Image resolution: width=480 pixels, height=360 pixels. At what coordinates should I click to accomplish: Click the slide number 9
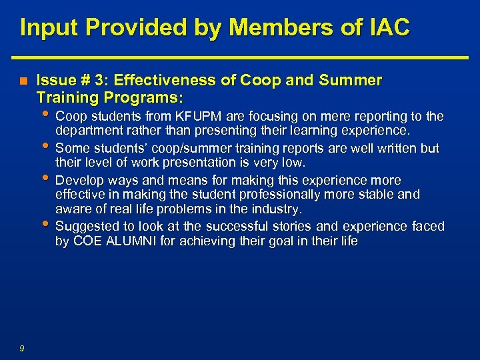22,347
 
